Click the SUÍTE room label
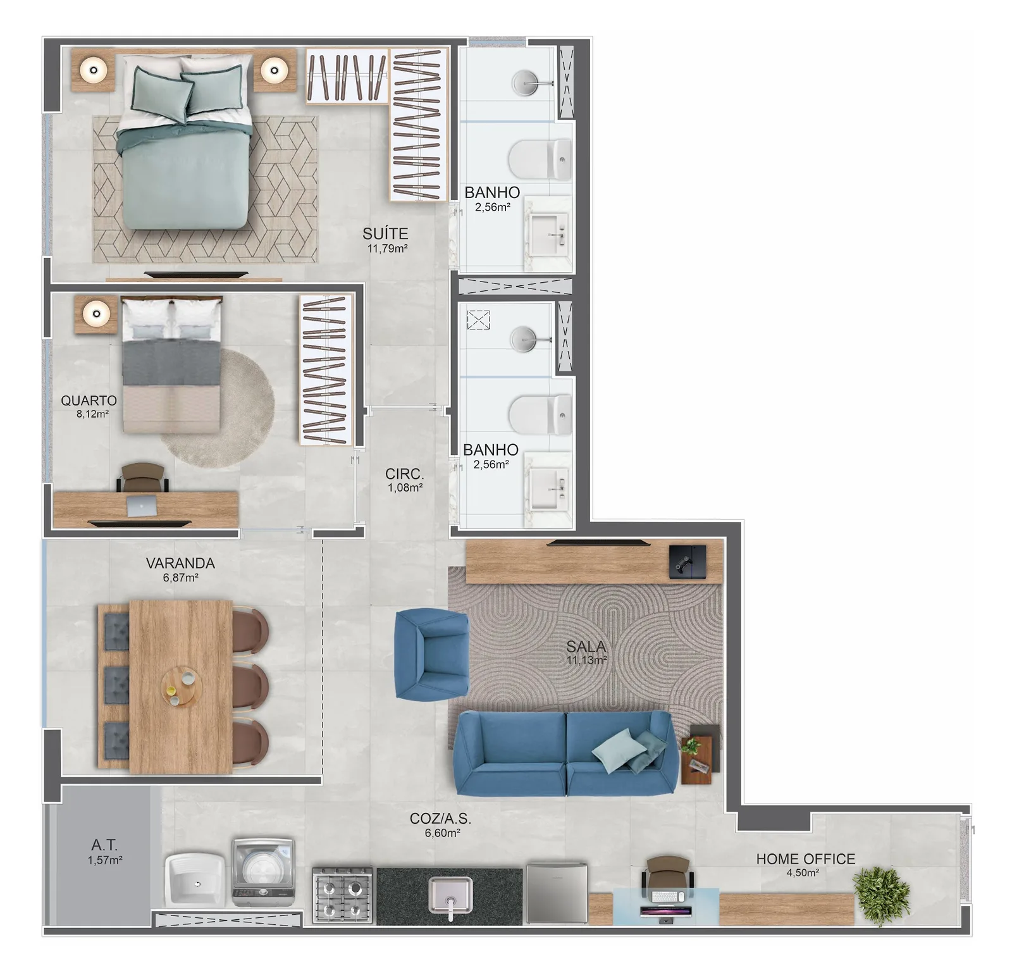click(385, 233)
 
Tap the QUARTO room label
click(89, 400)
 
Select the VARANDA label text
click(180, 563)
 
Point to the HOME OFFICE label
click(805, 859)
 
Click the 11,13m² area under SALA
click(587, 660)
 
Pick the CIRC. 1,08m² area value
click(405, 488)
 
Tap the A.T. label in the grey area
click(104, 845)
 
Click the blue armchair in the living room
click(431, 654)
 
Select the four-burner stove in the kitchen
click(342, 895)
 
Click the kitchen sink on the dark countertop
click(450, 895)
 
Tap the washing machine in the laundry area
click(263, 871)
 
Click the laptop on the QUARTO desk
click(142, 505)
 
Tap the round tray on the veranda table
click(179, 686)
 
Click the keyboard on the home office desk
click(667, 897)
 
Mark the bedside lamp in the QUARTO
click(96, 313)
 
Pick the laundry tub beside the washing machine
click(195, 879)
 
